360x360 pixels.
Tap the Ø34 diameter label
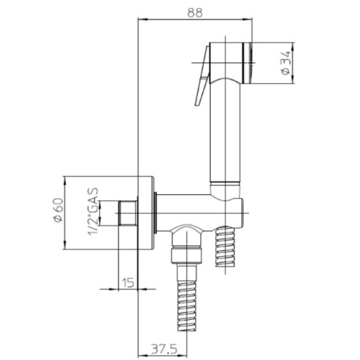pos(287,62)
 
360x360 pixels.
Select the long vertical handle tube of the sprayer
pos(226,134)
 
